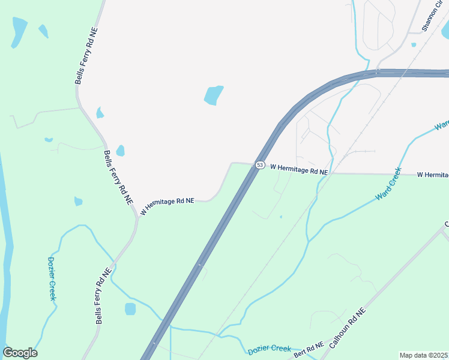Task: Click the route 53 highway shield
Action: [x=260, y=165]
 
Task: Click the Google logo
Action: [x=20, y=353]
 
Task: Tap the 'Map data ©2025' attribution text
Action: [x=423, y=355]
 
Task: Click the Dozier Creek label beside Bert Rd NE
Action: [x=269, y=349]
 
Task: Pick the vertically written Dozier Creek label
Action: [x=52, y=278]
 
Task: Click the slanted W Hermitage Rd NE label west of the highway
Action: [x=167, y=206]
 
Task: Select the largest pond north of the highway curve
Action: [x=214, y=95]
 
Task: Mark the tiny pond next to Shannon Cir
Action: [x=414, y=44]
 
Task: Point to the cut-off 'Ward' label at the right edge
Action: [x=442, y=125]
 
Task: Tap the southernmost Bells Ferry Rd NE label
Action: [x=103, y=298]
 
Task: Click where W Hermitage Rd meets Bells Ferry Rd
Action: [x=136, y=218]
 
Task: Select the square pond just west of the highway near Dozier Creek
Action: [x=130, y=309]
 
